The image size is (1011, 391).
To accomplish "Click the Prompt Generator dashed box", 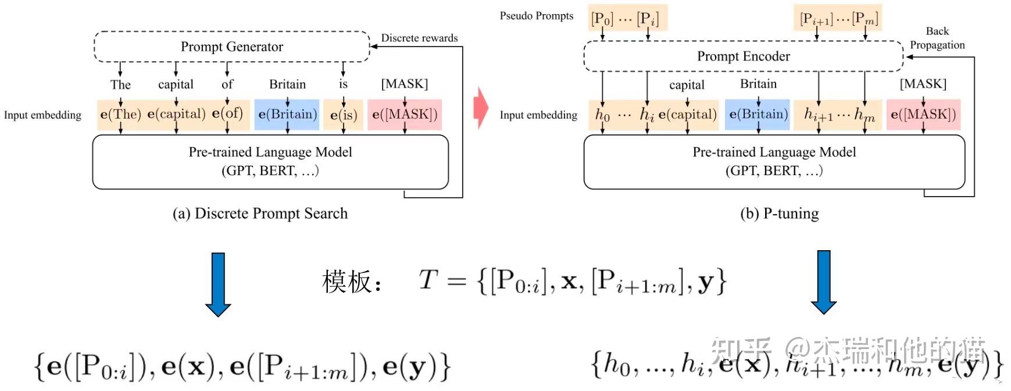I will [x=231, y=47].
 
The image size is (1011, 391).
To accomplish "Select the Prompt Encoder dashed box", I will [x=743, y=56].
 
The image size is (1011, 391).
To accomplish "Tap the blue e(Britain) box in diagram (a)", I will [x=287, y=114].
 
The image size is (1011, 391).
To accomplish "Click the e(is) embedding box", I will [x=343, y=115].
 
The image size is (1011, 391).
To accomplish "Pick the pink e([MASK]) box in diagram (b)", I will [x=923, y=115].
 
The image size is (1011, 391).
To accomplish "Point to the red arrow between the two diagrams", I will [x=480, y=108].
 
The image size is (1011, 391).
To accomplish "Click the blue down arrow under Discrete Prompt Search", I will [x=218, y=284].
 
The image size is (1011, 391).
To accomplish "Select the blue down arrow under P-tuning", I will [x=823, y=282].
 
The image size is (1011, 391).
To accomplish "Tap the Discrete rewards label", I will [x=419, y=38].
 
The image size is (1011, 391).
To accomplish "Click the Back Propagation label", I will [x=937, y=38].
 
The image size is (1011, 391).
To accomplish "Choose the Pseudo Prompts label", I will [x=536, y=16].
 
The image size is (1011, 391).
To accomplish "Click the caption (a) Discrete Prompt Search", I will [x=260, y=214].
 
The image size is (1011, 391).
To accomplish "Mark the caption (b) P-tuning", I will [x=779, y=214].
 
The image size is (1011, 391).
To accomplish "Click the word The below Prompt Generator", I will [x=120, y=84].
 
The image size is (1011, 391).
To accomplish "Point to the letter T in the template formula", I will [x=428, y=280].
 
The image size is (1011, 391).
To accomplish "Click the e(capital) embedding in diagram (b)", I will [x=687, y=115].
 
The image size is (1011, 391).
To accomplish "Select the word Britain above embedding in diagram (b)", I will [x=758, y=84].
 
